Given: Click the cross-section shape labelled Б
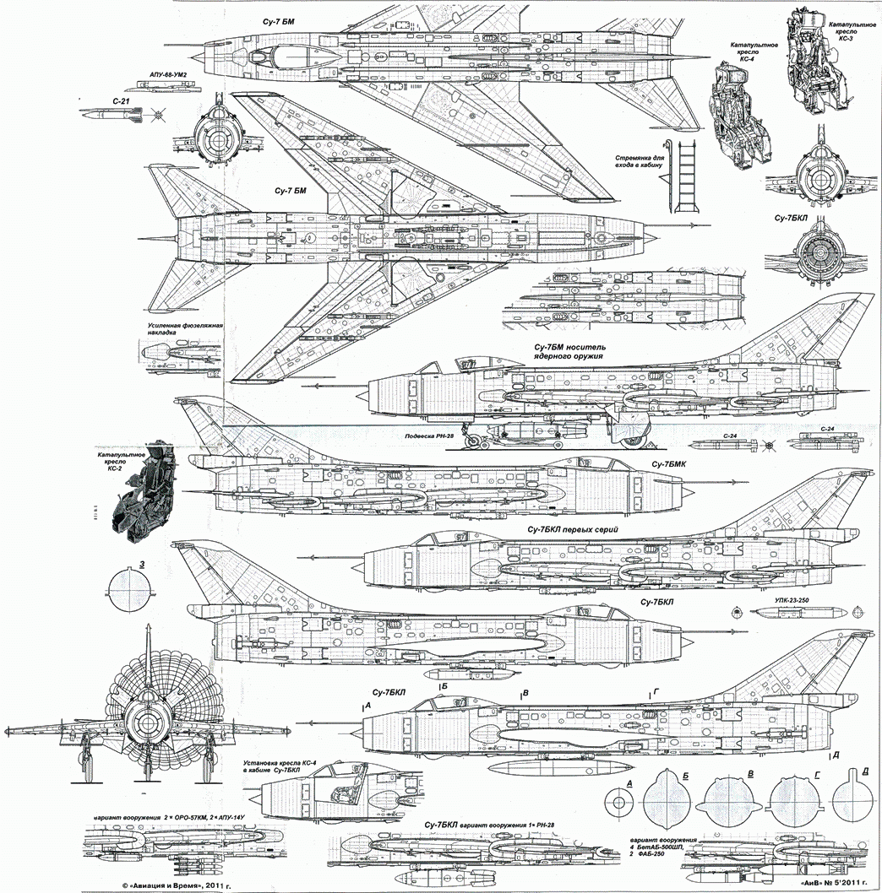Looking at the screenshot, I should pyautogui.click(x=667, y=803).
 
